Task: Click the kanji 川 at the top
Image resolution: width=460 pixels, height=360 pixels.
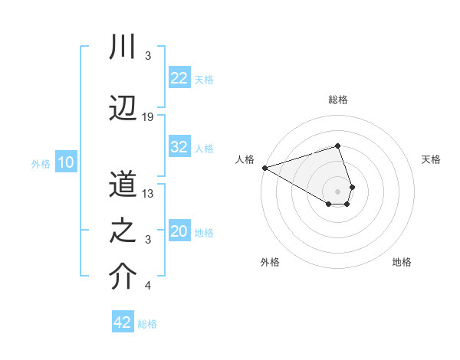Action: pos(123,47)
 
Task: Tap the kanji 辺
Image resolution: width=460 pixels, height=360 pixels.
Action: pos(123,108)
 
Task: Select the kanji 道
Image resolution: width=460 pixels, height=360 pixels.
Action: pos(123,185)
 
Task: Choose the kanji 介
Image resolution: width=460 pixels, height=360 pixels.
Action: pos(123,277)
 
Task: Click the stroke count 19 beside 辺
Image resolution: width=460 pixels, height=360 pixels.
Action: pos(148,117)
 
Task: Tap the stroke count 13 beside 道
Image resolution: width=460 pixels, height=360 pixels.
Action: pos(148,194)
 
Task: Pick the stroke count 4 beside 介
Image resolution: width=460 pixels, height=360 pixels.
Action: pos(148,286)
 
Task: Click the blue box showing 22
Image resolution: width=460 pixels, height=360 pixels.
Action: pos(179,78)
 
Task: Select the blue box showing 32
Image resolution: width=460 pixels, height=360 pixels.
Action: pos(179,147)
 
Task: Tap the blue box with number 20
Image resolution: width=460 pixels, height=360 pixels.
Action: pos(179,232)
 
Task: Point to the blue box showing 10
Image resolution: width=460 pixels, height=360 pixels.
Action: pos(66,162)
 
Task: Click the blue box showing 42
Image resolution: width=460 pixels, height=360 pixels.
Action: pos(123,322)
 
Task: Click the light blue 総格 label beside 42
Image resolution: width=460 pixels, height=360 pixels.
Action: pos(147,324)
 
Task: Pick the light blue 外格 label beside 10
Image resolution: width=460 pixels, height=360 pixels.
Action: pos(40,164)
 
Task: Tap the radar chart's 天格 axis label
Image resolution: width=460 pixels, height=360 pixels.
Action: pos(431,159)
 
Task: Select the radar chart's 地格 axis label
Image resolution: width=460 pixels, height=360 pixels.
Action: pos(402,263)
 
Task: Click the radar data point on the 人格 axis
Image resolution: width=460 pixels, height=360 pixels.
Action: pos(264,167)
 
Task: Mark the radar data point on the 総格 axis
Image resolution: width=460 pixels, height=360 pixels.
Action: pos(337,146)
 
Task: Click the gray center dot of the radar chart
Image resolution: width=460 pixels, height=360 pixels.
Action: pos(337,191)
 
